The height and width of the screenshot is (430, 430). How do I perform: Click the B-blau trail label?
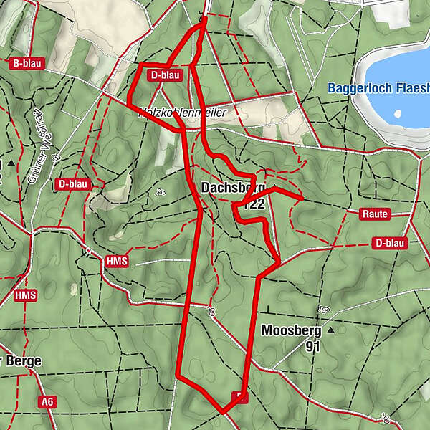pyautogui.click(x=28, y=63)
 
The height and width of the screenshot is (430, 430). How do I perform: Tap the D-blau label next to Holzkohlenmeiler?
pyautogui.click(x=166, y=75)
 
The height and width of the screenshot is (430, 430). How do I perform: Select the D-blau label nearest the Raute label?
pyautogui.click(x=390, y=243)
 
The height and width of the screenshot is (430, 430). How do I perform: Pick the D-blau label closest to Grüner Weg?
pyautogui.click(x=73, y=184)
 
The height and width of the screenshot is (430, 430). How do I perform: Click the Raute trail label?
pyautogui.click(x=375, y=214)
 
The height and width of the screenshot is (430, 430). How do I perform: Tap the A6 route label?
pyautogui.click(x=47, y=402)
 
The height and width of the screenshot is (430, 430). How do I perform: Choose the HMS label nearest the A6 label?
pyautogui.click(x=25, y=295)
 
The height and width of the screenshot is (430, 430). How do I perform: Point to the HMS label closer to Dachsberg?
pyautogui.click(x=116, y=261)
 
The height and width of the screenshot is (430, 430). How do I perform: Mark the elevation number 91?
pyautogui.click(x=311, y=346)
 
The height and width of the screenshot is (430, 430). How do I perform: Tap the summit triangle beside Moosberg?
pyautogui.click(x=330, y=331)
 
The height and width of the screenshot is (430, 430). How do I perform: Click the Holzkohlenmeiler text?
pyautogui.click(x=183, y=113)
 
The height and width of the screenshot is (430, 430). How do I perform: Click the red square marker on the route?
pyautogui.click(x=239, y=397)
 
